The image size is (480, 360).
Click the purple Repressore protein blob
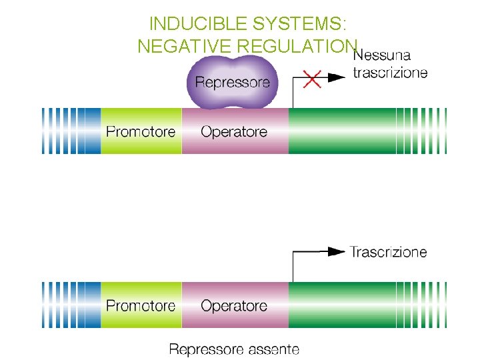coord(233,82)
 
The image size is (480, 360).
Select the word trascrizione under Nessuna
coord(390,73)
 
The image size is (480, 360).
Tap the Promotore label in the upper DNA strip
coord(141,131)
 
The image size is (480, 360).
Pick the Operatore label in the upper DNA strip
coord(234,131)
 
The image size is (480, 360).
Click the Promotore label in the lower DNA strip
coord(141,305)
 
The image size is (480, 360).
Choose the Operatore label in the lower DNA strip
coord(234,305)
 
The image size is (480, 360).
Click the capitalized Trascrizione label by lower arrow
coord(389,252)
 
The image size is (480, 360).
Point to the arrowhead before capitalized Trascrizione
coord(337,251)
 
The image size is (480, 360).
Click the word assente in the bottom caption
coord(272,349)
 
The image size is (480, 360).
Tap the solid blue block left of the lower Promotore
coord(92,305)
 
